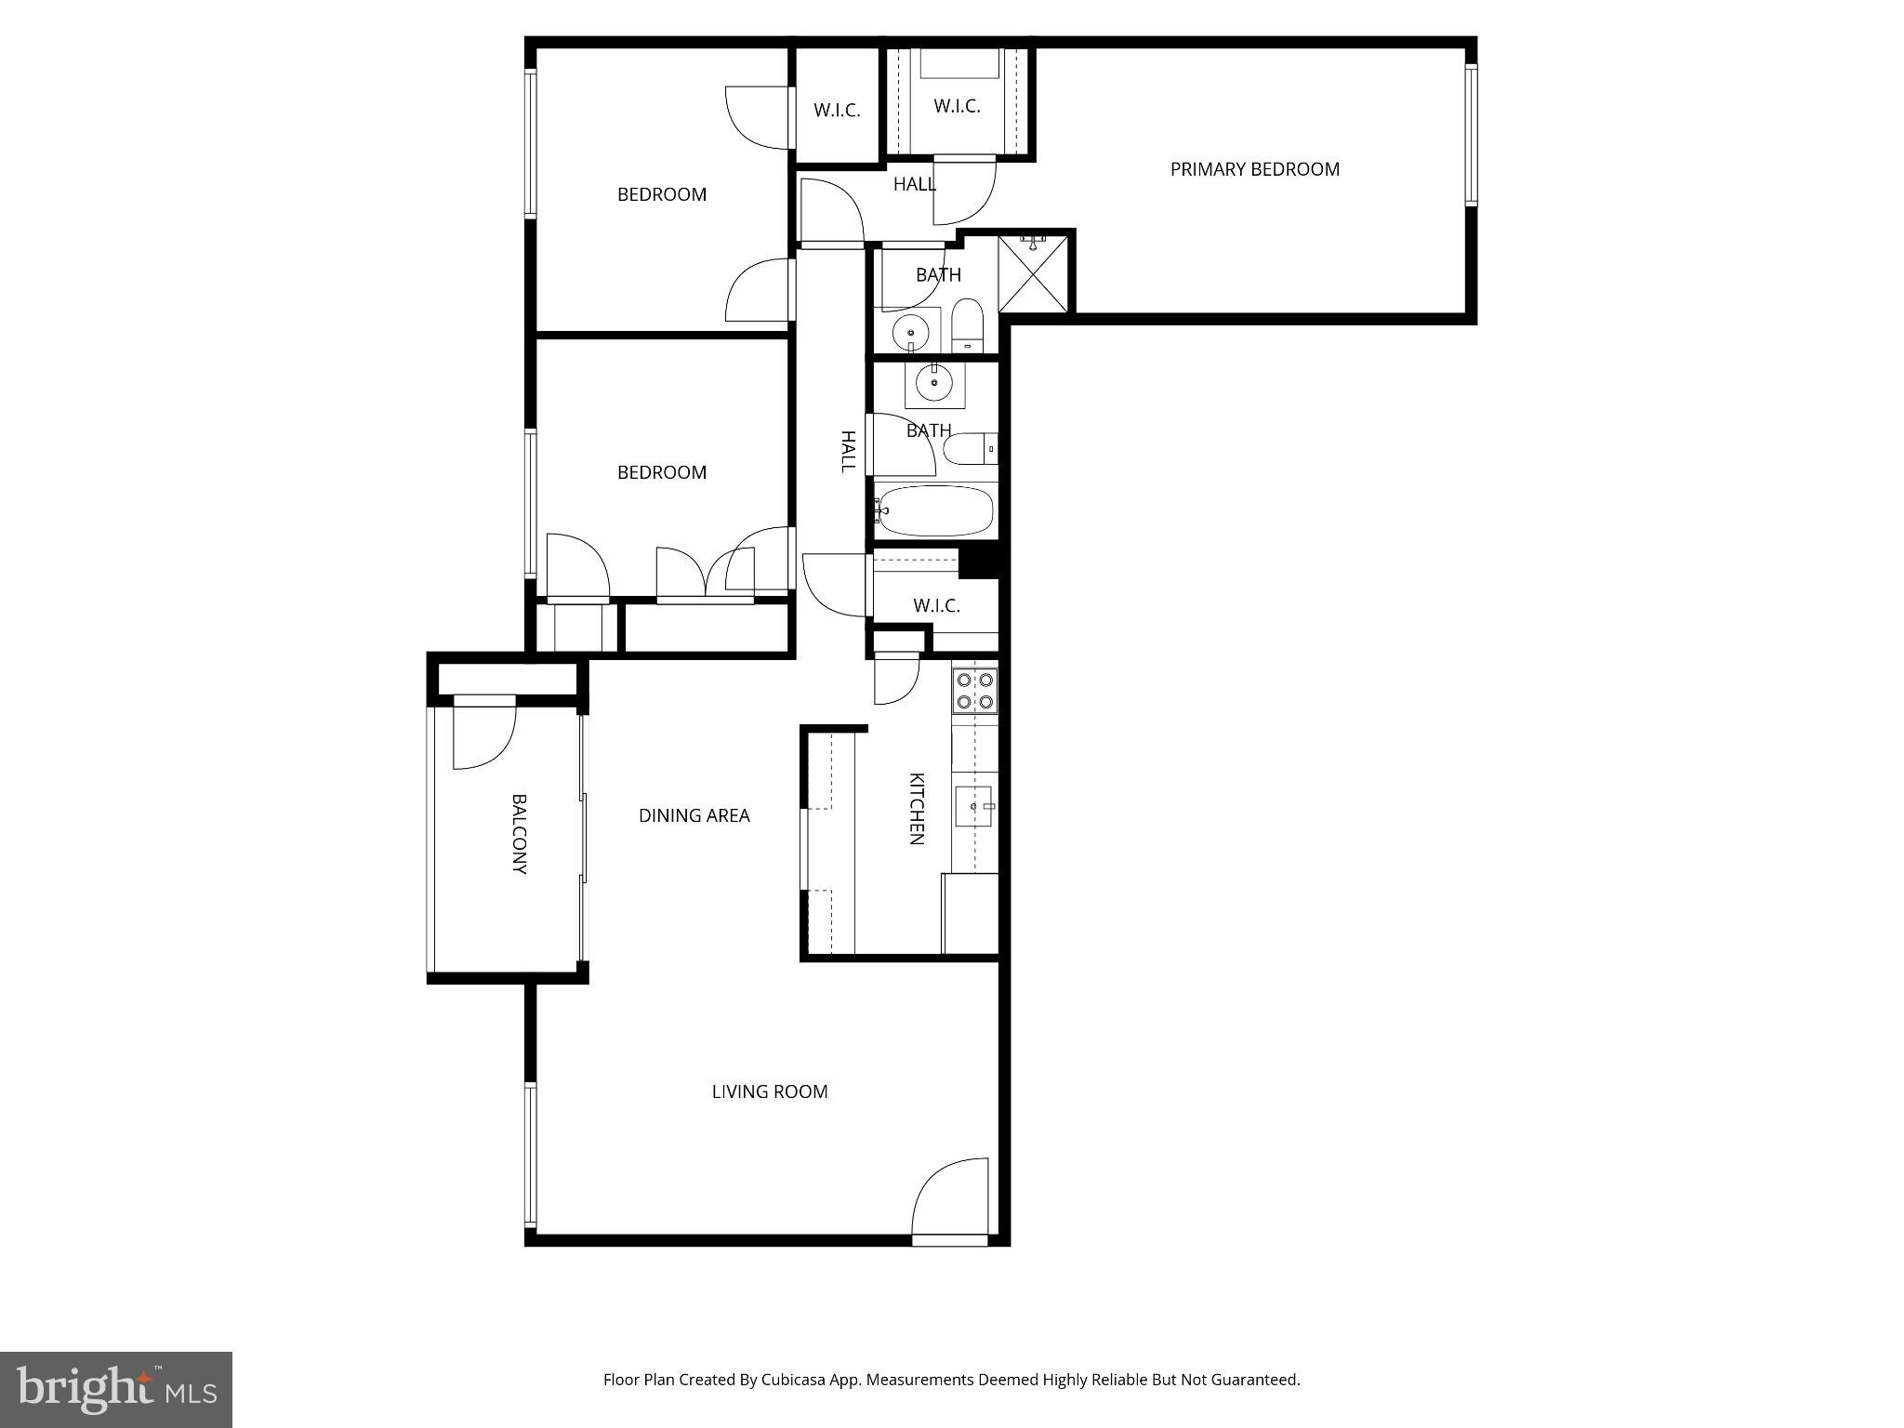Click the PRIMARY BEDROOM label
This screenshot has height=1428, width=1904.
pos(1254,169)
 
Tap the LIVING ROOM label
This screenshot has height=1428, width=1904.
pos(770,1091)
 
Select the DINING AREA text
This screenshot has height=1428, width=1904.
pos(694,815)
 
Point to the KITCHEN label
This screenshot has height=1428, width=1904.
pos(917,809)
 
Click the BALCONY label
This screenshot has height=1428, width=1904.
pos(520,834)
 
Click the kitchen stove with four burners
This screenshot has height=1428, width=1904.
pos(974,690)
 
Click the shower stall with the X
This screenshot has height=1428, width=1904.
pos(1035,274)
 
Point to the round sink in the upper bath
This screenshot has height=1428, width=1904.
pos(910,331)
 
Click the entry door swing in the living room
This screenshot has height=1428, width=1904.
pos(951,1199)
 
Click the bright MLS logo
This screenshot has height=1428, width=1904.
pos(115,1388)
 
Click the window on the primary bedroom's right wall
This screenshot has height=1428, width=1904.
pos(1471,134)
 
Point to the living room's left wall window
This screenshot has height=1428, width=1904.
pos(530,1154)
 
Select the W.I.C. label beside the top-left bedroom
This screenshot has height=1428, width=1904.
pos(837,111)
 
